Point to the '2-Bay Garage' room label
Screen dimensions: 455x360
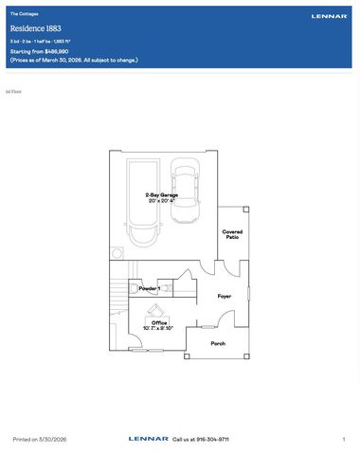coord(152,194)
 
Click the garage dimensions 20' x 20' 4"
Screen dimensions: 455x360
coord(152,201)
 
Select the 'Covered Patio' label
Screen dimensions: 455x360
coord(232,234)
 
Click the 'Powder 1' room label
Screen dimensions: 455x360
coord(149,288)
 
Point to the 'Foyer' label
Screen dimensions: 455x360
coord(225,296)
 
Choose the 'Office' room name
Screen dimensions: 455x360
coord(159,322)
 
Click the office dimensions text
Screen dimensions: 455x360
coord(158,329)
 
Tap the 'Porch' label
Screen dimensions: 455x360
coord(218,343)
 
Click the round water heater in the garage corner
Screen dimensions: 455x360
coord(117,252)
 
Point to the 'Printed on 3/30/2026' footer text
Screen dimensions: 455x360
coord(39,440)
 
